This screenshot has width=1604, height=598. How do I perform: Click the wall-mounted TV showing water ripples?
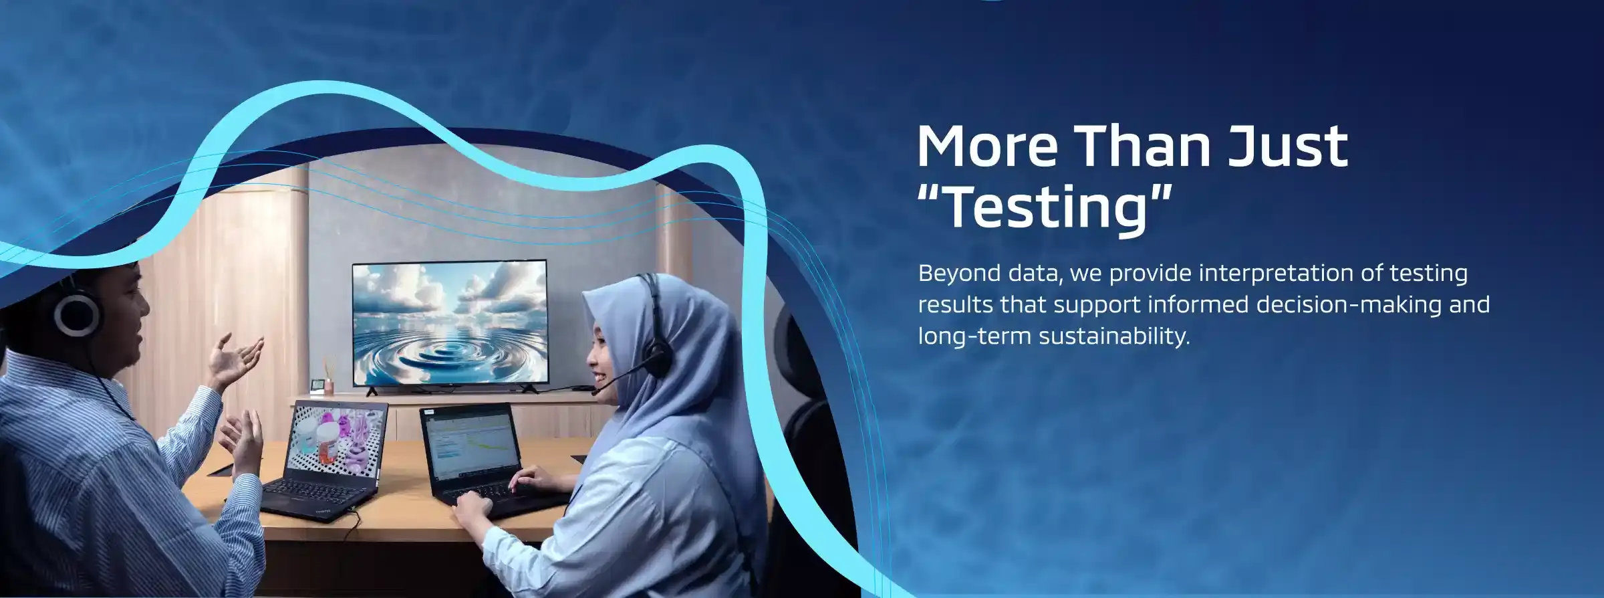point(450,324)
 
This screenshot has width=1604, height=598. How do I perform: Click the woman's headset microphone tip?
point(595,391)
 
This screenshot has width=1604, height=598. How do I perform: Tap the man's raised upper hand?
point(235,361)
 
